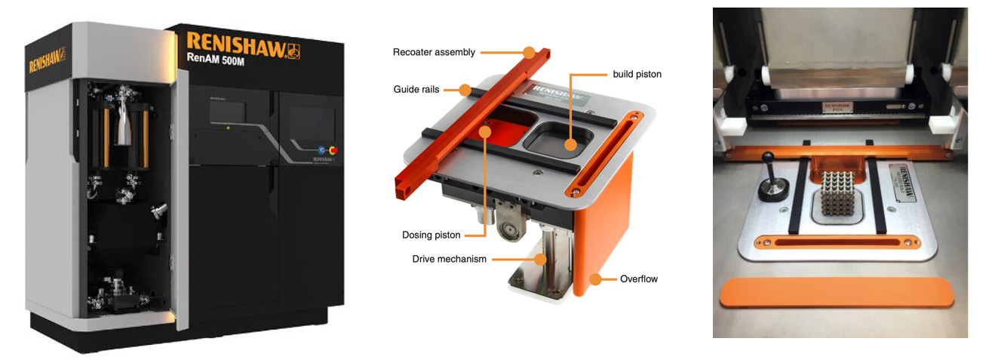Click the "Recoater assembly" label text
[434, 52]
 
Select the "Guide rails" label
[416, 89]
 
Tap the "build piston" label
[637, 74]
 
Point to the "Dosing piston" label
[431, 235]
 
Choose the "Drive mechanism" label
[450, 259]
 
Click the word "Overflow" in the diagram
[638, 278]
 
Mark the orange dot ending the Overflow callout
[596, 279]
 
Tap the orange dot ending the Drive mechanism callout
[540, 258]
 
